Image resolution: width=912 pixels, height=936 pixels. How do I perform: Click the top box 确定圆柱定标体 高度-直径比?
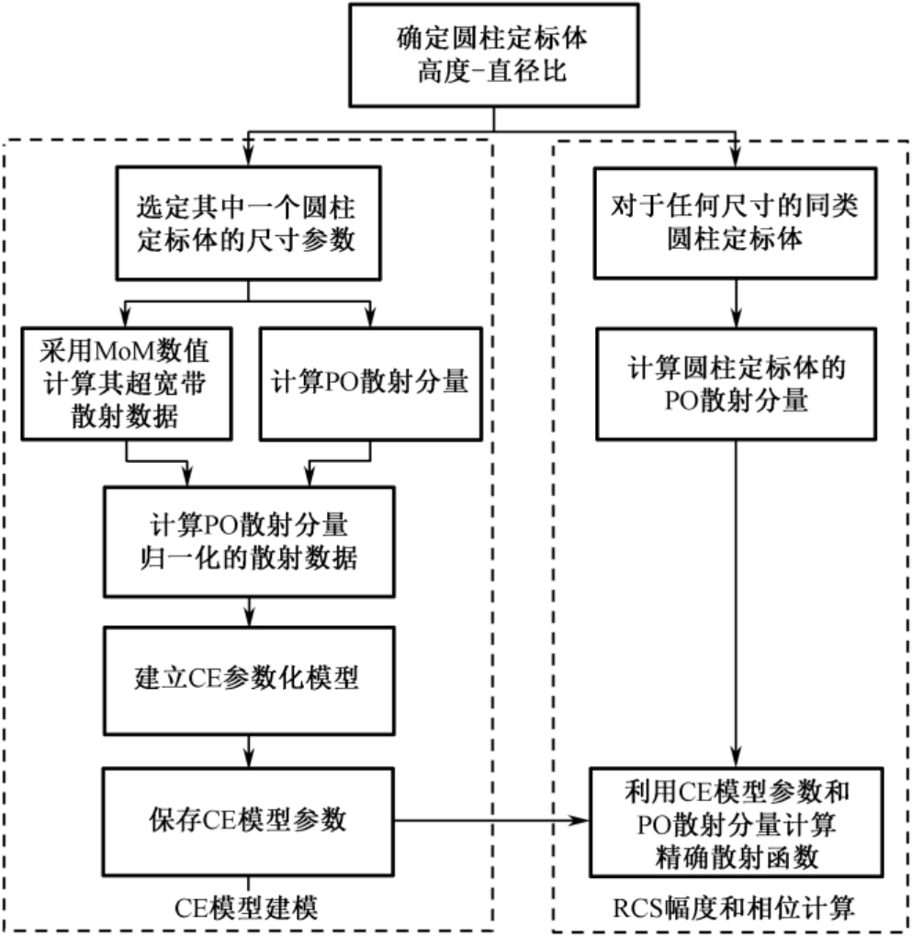coord(494,57)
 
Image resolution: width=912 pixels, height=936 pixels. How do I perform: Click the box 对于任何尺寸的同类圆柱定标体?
coord(736,222)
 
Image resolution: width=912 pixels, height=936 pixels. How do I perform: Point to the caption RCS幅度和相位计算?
coord(736,908)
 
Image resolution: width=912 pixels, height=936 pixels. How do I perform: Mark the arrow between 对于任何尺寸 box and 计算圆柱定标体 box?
coord(736,300)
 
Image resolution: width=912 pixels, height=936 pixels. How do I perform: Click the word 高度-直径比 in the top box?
coord(494,73)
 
